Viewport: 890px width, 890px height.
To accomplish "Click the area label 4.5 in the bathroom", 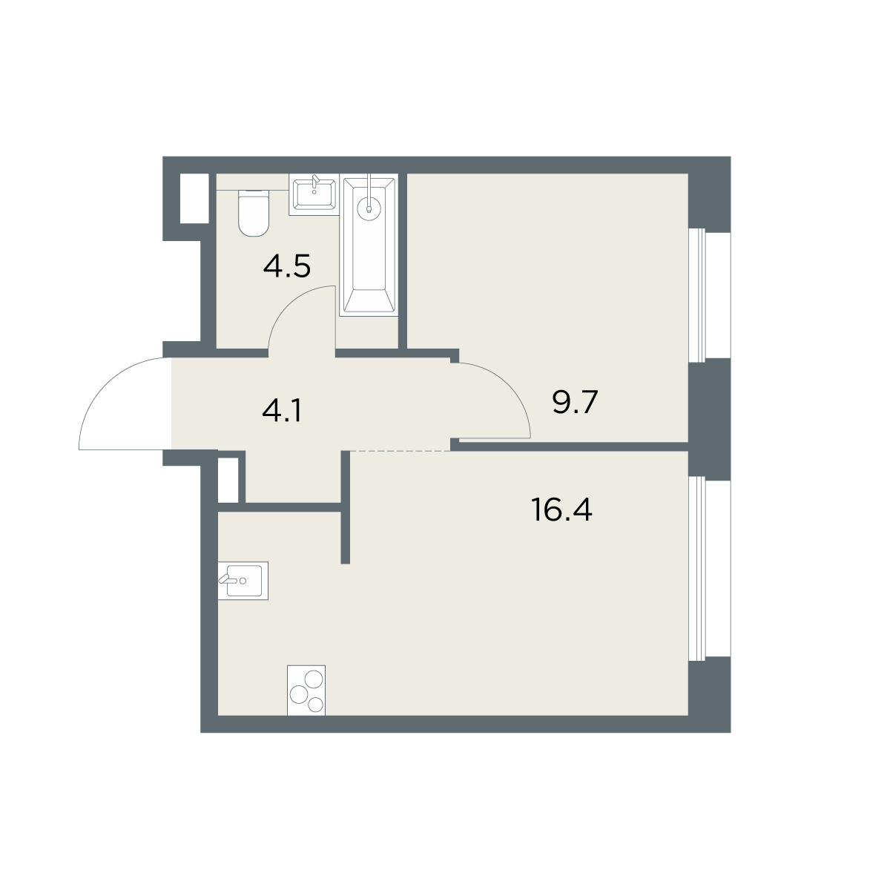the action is coord(286,266).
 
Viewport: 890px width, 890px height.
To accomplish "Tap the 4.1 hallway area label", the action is coord(282,411).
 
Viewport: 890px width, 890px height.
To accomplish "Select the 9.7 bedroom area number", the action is coord(575,402).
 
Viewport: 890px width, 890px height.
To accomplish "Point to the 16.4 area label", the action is coord(561,510).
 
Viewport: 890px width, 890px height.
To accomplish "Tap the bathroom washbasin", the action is coord(314,195).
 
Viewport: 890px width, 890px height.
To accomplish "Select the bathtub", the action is coord(369,245).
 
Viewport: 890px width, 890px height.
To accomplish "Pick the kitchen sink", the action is coord(243,581).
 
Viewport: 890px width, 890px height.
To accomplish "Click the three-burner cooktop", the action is coord(306,690).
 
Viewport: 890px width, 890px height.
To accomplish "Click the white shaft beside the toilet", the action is coord(194,199).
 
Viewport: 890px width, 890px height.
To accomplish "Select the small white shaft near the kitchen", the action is coord(228,480).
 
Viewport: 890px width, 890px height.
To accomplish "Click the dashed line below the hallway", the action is coord(400,450).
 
